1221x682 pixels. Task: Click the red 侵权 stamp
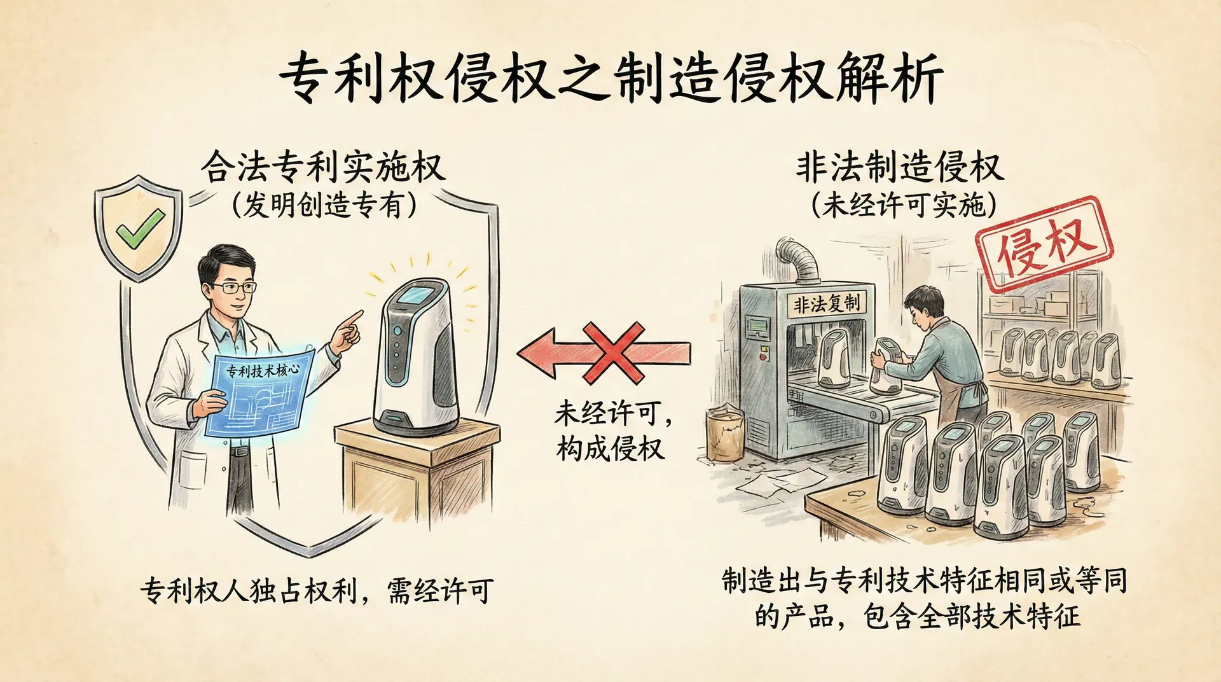coord(1044,244)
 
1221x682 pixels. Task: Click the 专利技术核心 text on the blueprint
coord(263,370)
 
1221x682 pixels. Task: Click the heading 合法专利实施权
coord(324,168)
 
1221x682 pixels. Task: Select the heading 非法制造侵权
coord(900,168)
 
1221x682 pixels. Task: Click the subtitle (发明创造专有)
coord(324,205)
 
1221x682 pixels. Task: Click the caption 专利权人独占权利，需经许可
coord(317,591)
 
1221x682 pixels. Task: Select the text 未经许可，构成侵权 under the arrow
coord(612,431)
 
